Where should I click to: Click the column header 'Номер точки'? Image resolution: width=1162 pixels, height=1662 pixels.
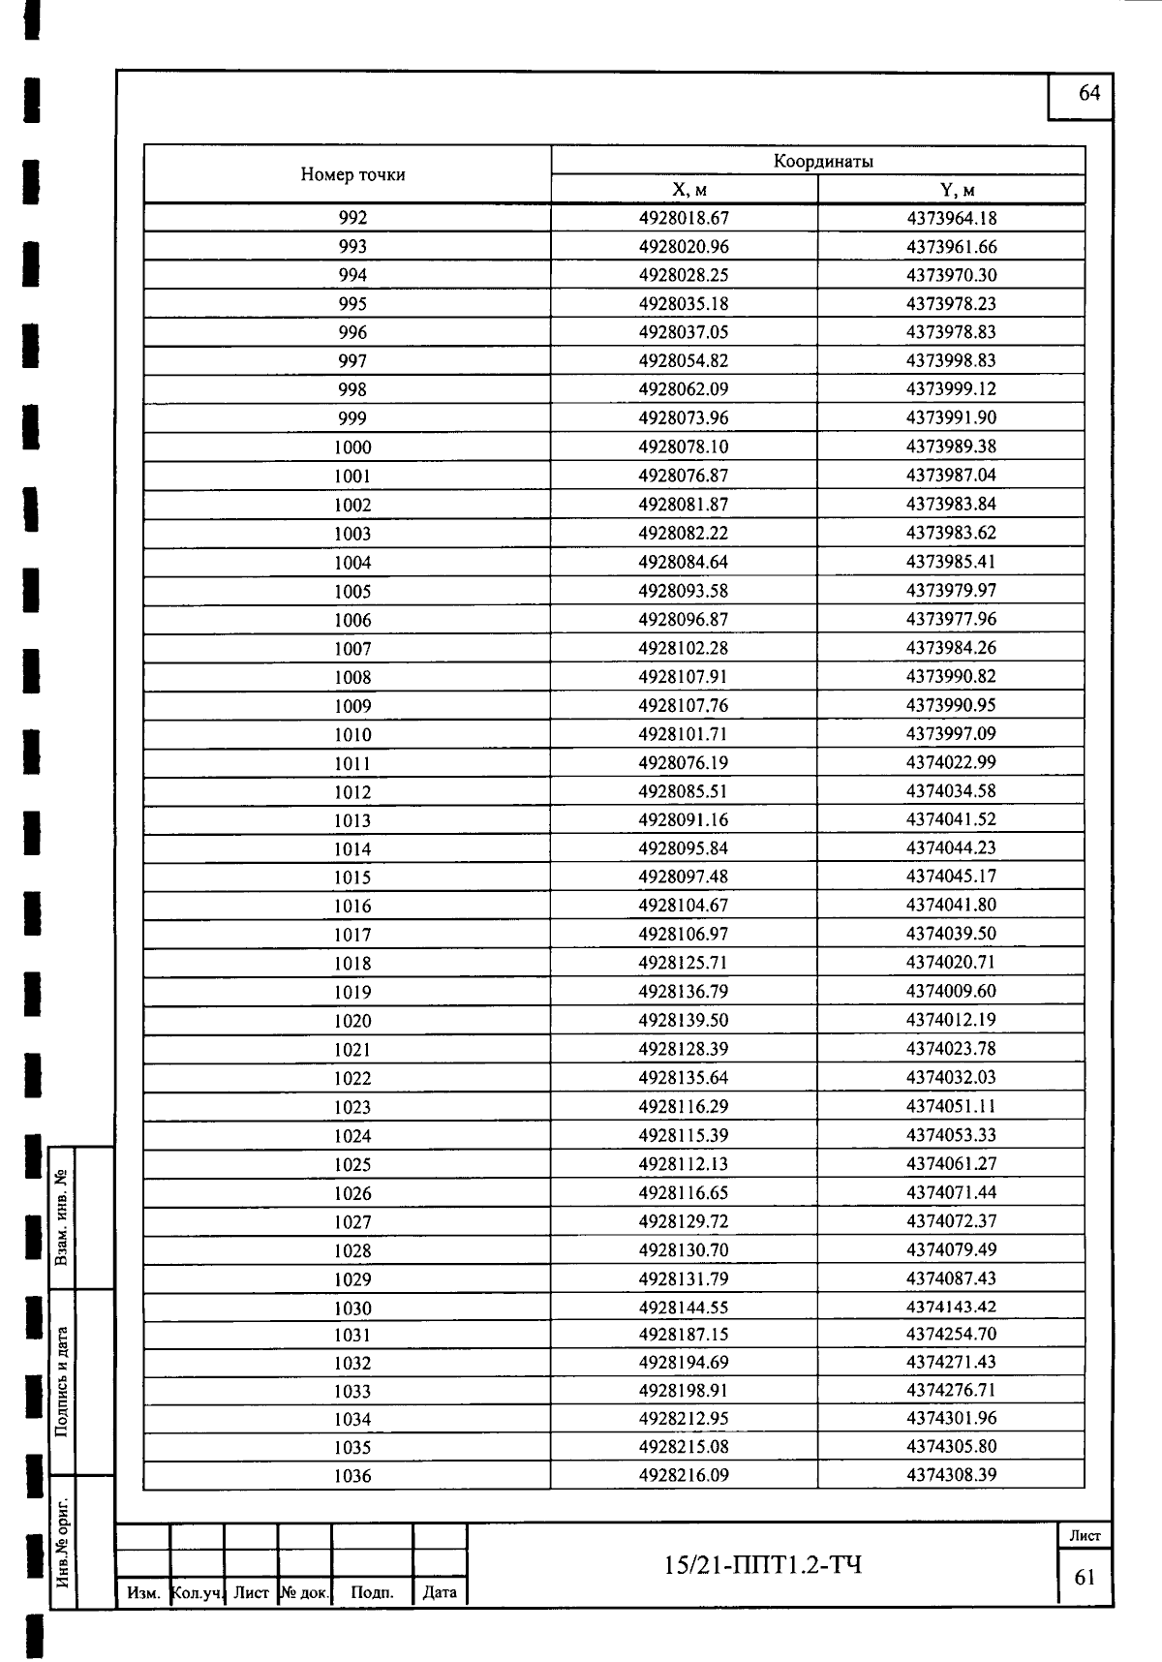[x=352, y=175]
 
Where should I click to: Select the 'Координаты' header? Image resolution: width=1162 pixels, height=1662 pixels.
[x=823, y=162]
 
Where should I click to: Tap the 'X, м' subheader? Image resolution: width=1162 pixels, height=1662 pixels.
[x=684, y=190]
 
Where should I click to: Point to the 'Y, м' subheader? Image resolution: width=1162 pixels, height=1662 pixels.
[x=951, y=190]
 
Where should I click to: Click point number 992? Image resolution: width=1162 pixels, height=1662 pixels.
[x=352, y=219]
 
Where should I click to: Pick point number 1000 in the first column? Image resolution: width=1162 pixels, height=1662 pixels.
[x=352, y=447]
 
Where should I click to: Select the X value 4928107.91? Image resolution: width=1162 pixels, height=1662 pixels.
[x=684, y=677]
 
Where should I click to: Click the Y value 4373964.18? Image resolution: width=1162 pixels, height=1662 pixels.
[x=951, y=219]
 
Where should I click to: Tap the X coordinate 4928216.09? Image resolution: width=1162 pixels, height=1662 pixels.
[x=684, y=1475]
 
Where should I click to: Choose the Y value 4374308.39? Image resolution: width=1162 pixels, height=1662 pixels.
[x=951, y=1475]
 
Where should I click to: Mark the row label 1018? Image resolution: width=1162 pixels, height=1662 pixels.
[x=352, y=964]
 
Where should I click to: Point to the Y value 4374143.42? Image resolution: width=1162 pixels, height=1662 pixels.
[x=951, y=1308]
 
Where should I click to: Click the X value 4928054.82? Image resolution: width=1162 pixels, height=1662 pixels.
[x=684, y=361]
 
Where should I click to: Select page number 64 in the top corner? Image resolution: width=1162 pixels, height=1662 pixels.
[x=1089, y=93]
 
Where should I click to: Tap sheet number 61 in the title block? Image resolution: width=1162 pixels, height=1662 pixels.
[x=1085, y=1578]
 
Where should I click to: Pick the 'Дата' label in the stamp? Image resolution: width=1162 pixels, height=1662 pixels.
[x=440, y=1592]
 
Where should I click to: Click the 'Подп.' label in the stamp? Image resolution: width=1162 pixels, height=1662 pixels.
[x=372, y=1592]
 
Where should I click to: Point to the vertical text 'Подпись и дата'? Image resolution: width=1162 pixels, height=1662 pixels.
[x=62, y=1382]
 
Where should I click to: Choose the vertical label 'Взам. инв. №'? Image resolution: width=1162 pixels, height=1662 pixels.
[x=62, y=1217]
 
